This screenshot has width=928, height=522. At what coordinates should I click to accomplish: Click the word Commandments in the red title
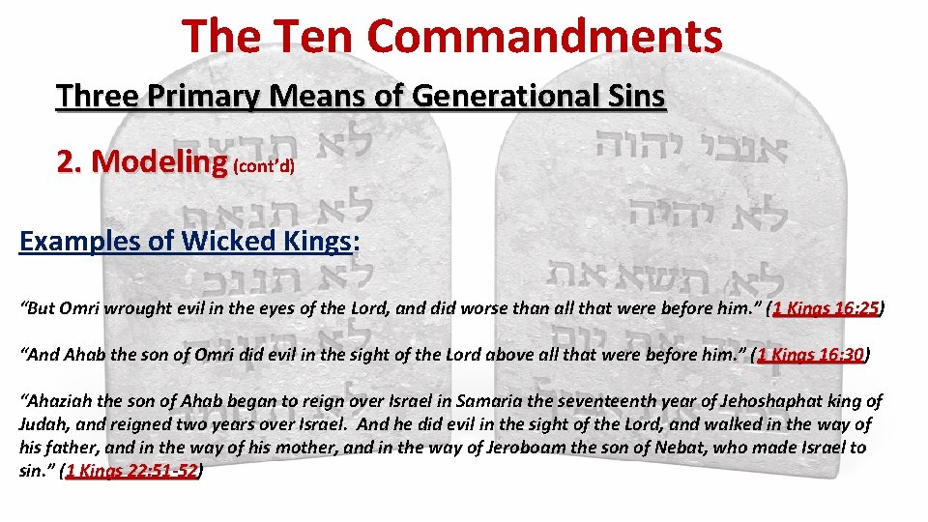click(x=544, y=37)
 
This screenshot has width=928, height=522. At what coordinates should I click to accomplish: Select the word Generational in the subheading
click(x=507, y=97)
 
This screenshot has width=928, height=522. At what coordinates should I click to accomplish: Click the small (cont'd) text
click(x=264, y=166)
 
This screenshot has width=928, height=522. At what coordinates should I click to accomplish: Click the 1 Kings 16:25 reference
click(x=826, y=309)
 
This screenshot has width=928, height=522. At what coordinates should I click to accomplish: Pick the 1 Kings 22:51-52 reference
click(x=131, y=471)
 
